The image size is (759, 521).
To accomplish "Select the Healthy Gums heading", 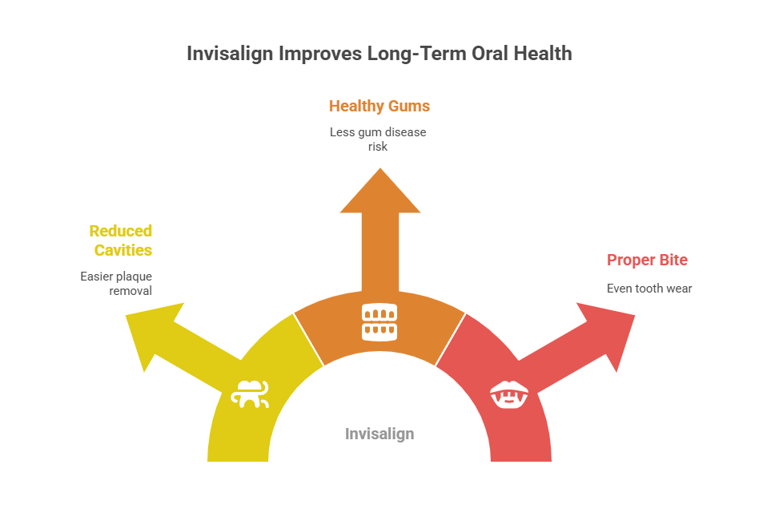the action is [x=379, y=106].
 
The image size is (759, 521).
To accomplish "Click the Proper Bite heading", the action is [x=647, y=260].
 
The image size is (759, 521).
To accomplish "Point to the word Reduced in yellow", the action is [x=121, y=231].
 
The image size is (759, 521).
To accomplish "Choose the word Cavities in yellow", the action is [x=123, y=250].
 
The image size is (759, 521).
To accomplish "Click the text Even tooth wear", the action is [x=649, y=289].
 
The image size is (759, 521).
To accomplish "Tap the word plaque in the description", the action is [x=134, y=277].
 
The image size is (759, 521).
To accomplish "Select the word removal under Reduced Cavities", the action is [x=131, y=291].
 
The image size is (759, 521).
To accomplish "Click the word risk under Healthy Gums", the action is [x=378, y=147].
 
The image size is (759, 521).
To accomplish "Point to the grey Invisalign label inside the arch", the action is [x=379, y=434].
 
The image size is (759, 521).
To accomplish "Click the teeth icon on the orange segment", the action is [x=379, y=322].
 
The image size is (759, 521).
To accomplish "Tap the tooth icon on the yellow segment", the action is [x=250, y=394].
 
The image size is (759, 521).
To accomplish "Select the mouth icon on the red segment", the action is [x=509, y=394].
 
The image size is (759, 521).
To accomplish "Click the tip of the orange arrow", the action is [x=380, y=168].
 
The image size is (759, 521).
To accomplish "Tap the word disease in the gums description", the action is [x=406, y=132].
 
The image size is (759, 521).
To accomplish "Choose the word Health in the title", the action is [x=543, y=54].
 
